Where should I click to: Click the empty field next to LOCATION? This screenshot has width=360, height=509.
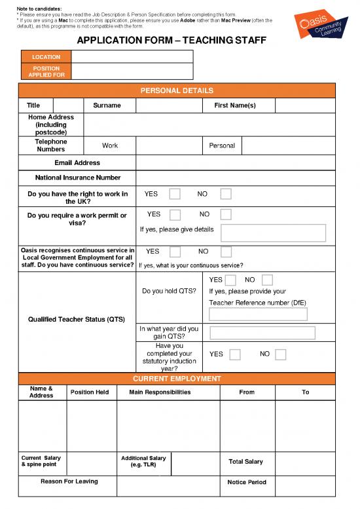pos(132,57)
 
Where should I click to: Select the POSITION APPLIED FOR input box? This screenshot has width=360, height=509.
pos(132,71)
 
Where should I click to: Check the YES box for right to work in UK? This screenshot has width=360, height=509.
pos(175,194)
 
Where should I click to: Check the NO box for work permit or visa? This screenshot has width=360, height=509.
pos(226,214)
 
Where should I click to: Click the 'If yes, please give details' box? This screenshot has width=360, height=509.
pos(273,233)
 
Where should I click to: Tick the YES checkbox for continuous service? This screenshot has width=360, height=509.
pos(175,252)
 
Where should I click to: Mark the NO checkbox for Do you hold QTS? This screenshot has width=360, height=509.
pos(266,280)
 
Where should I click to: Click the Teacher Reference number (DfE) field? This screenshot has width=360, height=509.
pos(258,314)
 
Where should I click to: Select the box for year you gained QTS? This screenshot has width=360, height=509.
pos(262,333)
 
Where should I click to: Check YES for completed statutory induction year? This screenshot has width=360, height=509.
pos(235,354)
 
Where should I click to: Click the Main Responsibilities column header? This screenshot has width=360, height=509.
pos(160,392)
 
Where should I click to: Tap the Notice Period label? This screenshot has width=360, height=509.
pos(247,482)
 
